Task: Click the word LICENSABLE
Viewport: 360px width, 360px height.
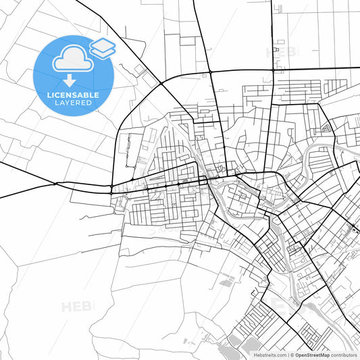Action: [74, 95]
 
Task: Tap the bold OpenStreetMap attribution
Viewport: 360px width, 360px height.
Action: [312, 354]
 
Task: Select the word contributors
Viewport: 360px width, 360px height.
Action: [344, 354]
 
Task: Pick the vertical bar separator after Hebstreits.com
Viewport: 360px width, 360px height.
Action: [288, 354]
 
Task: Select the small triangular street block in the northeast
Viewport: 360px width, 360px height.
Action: [326, 127]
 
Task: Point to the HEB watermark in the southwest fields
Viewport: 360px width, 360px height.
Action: [78, 307]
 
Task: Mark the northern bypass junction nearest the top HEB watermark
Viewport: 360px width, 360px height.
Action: [272, 69]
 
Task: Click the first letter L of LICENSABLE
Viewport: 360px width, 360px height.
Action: [49, 95]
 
